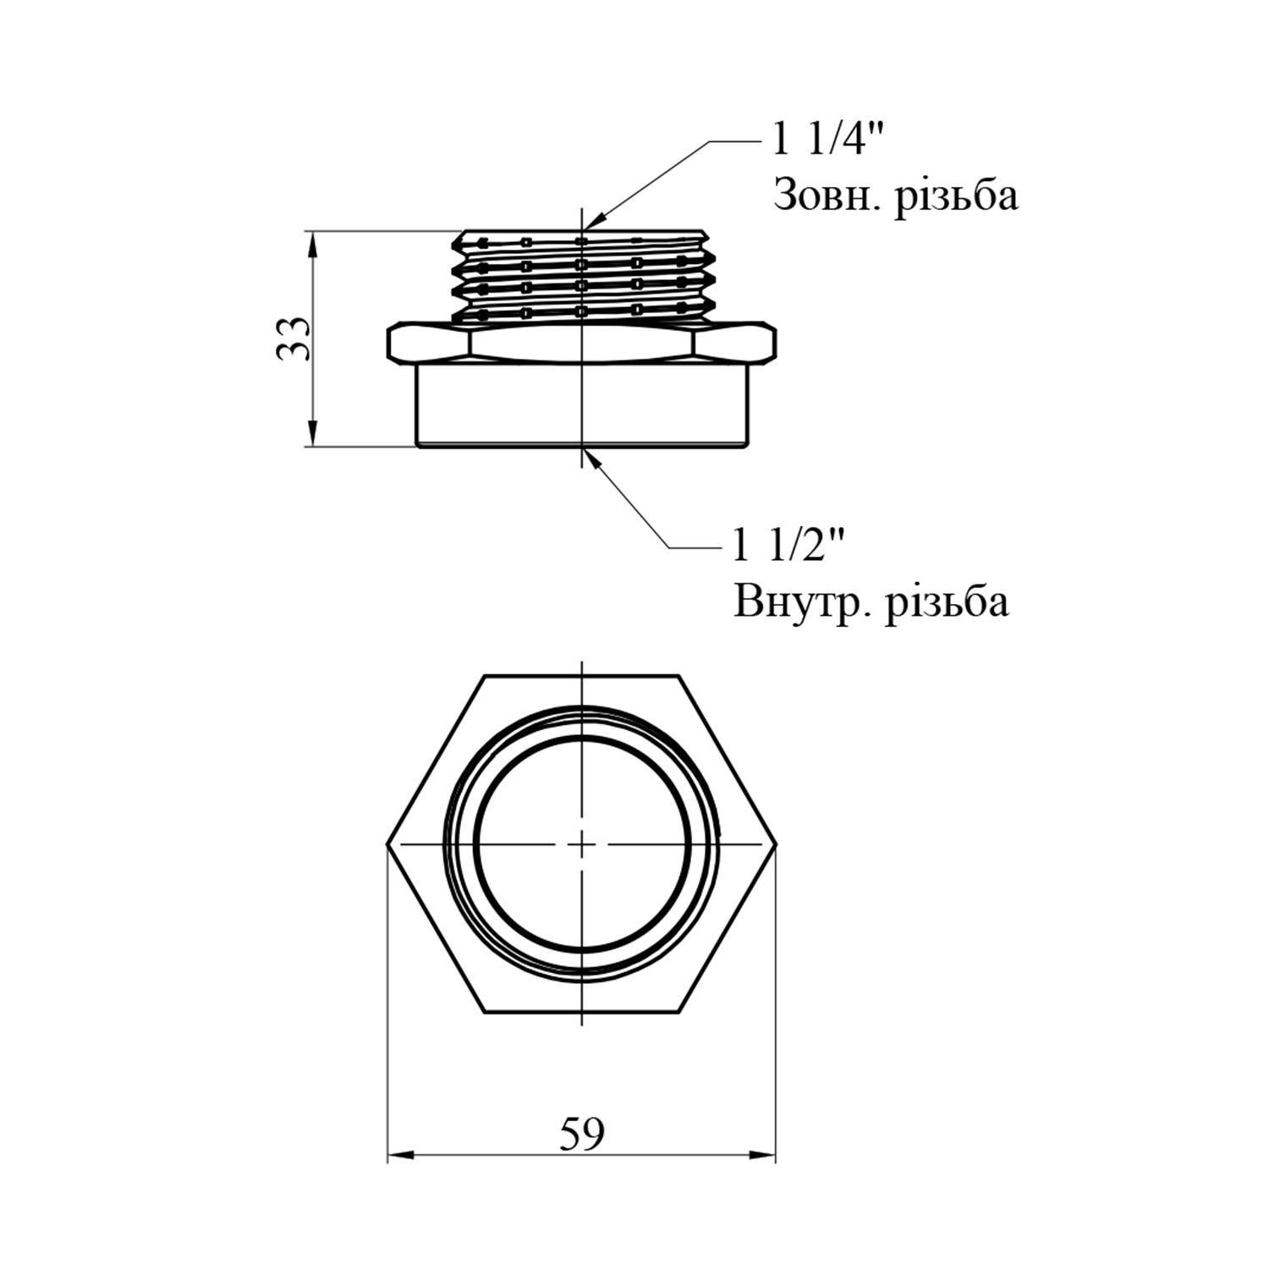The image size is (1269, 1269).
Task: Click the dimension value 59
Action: pos(582,1134)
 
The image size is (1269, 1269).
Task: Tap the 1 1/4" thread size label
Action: pos(828,139)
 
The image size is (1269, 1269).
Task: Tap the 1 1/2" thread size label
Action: pos(789,546)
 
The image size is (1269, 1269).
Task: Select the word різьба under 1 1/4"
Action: pos(956,196)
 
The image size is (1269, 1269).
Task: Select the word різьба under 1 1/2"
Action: pos(947,603)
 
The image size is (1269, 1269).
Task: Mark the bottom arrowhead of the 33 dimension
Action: pos(313,434)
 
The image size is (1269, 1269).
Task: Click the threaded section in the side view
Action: pos(582,276)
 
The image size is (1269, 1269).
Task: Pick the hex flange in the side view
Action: pos(582,343)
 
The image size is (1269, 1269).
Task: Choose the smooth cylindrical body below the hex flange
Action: pos(582,406)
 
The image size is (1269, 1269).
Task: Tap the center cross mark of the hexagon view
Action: pos(582,844)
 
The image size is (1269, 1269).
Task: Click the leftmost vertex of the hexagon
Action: pos(388,844)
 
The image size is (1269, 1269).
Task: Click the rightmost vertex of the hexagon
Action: pos(776,844)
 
